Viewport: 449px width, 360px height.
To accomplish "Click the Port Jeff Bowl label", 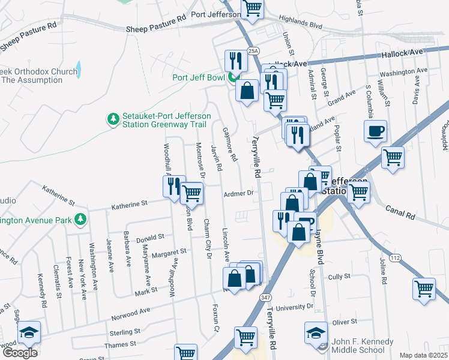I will tap(197, 77).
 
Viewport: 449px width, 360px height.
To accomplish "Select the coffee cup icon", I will tap(375, 131).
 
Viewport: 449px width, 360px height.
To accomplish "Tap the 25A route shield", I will tap(255, 52).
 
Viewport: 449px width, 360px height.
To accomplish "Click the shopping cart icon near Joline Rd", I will tap(424, 289).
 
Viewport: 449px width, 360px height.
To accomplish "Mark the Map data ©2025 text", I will tap(424, 355).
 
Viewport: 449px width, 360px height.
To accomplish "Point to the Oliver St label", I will tap(345, 322).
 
